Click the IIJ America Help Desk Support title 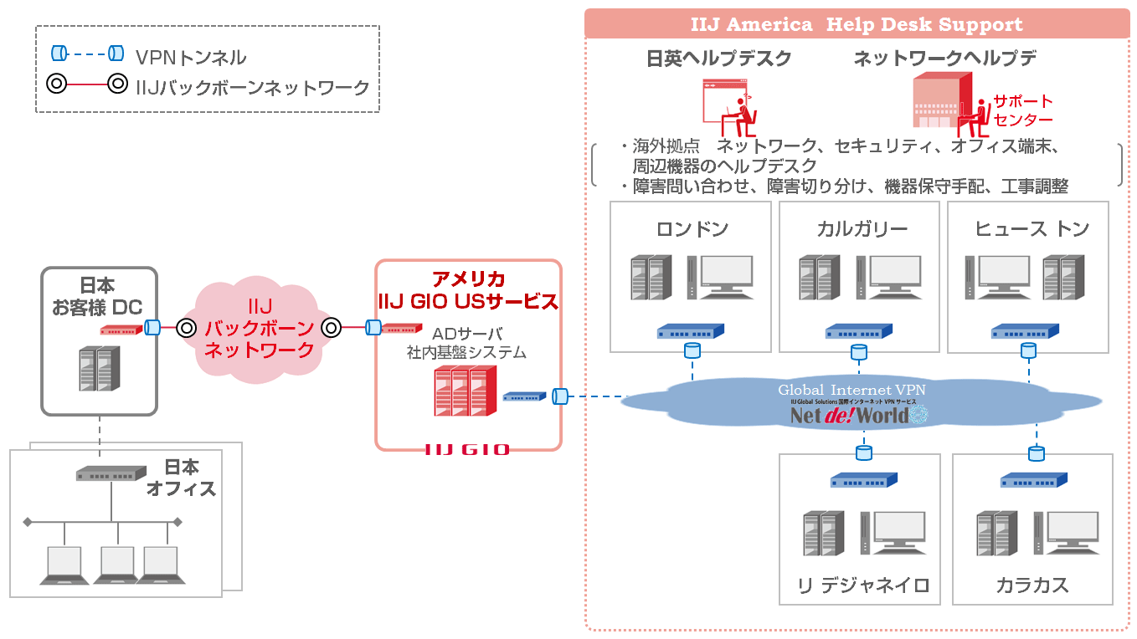pos(857,24)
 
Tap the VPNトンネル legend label pos(191,57)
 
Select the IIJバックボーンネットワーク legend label pos(252,86)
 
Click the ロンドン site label pos(692,229)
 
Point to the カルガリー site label pos(862,229)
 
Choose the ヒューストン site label pos(1032,229)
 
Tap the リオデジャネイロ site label pos(862,585)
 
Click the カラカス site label pos(1032,585)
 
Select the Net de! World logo pos(850,415)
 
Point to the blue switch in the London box pos(691,331)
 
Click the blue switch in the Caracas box pos(1034,480)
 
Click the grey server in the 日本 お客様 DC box pos(99,369)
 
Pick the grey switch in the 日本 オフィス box pos(110,474)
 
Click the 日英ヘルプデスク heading pos(718,59)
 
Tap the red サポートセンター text pos(1022,110)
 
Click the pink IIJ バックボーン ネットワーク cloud pos(259,329)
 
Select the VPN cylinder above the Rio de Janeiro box pos(863,452)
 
